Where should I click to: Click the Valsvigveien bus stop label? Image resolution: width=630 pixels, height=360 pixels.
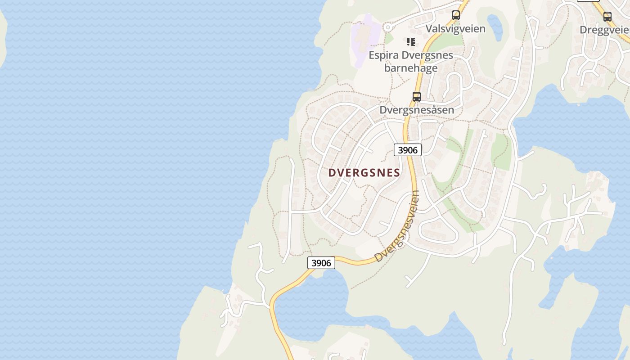(x=455, y=29)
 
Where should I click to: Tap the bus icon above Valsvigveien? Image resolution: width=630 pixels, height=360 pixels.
(x=456, y=15)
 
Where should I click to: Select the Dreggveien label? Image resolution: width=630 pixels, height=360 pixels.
(x=604, y=30)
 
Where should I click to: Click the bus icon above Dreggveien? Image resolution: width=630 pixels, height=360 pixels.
(x=607, y=17)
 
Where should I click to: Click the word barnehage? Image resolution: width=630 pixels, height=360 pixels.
(x=411, y=68)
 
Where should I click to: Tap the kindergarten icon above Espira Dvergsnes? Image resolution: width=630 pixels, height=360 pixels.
(x=411, y=42)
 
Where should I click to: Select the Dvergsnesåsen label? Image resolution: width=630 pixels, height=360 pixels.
(x=417, y=110)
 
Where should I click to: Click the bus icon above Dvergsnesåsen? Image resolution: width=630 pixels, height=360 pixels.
(x=417, y=96)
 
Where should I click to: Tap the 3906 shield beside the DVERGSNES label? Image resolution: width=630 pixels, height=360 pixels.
(x=408, y=150)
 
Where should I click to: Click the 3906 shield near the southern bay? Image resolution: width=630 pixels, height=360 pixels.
(x=321, y=263)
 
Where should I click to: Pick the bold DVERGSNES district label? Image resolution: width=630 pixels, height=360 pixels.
(x=364, y=173)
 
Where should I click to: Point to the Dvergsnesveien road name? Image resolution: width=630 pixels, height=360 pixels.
(x=397, y=227)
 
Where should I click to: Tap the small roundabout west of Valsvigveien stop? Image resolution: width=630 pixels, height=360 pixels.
(x=387, y=27)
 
